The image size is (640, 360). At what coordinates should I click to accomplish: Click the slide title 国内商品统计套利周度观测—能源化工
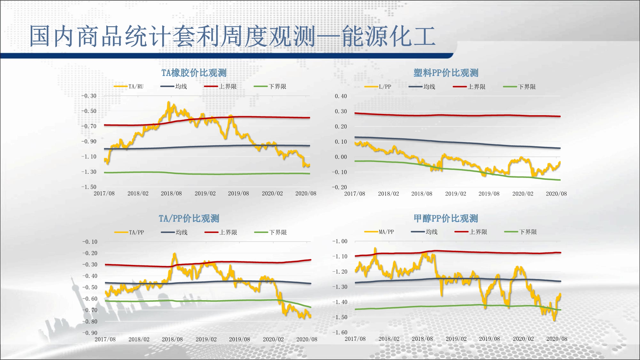tap(232, 36)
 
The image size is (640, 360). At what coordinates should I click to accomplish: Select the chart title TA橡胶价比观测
tap(194, 73)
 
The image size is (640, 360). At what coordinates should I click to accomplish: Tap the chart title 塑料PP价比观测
tap(446, 73)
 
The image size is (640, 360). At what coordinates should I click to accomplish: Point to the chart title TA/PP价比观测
tap(189, 219)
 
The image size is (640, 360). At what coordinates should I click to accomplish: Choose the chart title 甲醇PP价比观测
tap(446, 219)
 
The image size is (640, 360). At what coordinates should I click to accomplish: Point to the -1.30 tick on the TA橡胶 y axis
tap(89, 172)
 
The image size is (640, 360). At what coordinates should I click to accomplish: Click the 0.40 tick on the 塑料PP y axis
tap(341, 96)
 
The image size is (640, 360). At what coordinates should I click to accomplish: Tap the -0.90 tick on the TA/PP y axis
tap(90, 333)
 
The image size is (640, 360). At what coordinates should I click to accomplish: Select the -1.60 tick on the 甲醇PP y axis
tap(340, 332)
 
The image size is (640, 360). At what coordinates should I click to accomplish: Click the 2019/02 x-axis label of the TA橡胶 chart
tap(205, 194)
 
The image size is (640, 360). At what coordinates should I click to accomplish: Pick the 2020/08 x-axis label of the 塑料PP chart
tap(556, 194)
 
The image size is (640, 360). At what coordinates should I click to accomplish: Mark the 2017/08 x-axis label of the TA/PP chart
tap(105, 339)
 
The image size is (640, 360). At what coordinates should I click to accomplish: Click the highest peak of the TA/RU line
tap(169, 102)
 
